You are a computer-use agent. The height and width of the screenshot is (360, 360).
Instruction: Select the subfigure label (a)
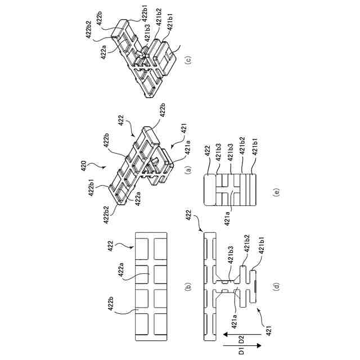188,167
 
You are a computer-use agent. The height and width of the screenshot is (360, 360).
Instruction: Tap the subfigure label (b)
187,287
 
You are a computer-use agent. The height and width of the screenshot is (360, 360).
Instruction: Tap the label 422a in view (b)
121,273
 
